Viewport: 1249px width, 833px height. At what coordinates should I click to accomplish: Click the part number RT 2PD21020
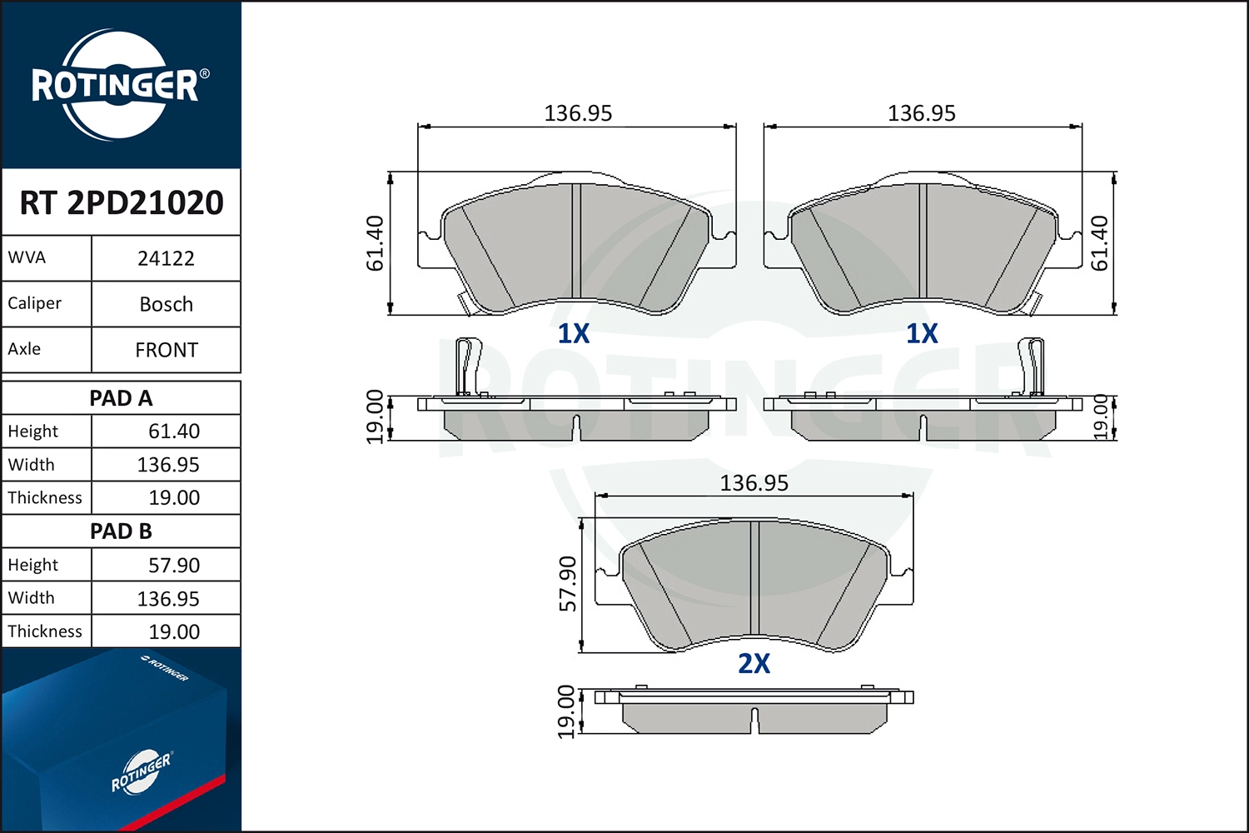click(x=122, y=202)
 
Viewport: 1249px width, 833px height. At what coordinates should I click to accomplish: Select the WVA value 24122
click(x=167, y=258)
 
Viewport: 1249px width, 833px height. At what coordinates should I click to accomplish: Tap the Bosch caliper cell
click(x=167, y=304)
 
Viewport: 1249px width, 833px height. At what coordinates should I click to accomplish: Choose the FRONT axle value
click(x=167, y=350)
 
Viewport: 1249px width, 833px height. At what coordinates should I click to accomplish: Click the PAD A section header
click(x=121, y=398)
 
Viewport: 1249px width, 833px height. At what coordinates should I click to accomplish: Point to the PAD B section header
click(x=121, y=531)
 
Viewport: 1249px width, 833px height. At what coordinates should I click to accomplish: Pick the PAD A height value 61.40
click(x=174, y=431)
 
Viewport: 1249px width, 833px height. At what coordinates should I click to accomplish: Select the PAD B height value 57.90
click(x=174, y=565)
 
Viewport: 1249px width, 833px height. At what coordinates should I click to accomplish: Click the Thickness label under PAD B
click(x=45, y=631)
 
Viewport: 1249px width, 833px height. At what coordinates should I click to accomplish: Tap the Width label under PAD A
click(x=32, y=464)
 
